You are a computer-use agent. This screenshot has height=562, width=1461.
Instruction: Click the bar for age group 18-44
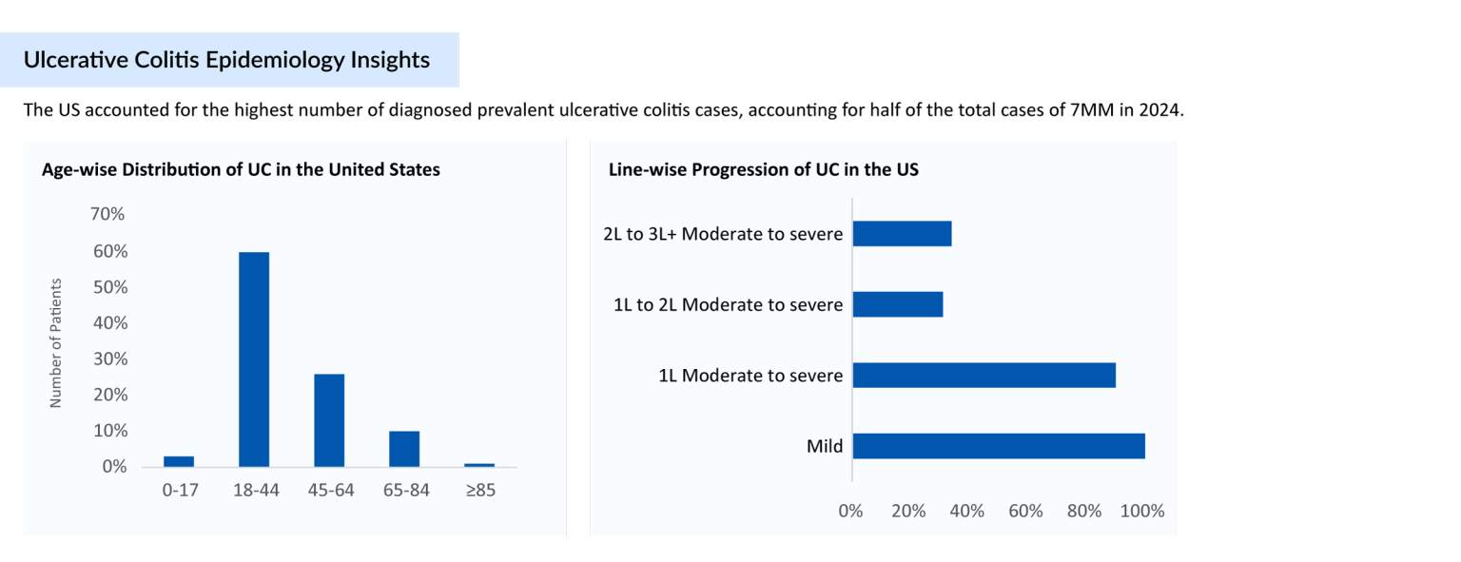(254, 359)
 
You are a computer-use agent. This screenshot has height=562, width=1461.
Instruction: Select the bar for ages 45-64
(329, 420)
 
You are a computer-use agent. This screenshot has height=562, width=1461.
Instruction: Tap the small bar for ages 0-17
(179, 461)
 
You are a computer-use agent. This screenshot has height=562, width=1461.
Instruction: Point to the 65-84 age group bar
(404, 449)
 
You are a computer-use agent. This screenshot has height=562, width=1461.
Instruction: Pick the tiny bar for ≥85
(479, 465)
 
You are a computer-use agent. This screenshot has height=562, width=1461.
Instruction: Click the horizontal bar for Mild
(999, 446)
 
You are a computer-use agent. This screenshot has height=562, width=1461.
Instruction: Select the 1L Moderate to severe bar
(984, 375)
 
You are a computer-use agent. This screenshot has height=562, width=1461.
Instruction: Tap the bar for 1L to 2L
(898, 304)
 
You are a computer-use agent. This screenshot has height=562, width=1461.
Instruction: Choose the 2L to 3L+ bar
(902, 234)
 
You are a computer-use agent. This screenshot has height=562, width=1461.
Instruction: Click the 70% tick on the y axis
(107, 215)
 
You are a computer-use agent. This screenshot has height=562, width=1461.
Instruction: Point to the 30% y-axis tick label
(107, 359)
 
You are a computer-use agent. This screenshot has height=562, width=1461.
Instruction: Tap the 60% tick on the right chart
(1025, 512)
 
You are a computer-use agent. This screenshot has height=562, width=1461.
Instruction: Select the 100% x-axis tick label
(1142, 512)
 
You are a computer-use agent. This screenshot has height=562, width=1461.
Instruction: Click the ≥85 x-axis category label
(479, 491)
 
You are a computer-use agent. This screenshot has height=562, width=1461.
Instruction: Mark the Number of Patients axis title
(55, 343)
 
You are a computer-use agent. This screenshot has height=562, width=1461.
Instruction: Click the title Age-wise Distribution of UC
(241, 170)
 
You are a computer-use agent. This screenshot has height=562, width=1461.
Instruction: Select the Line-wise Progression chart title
(763, 170)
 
